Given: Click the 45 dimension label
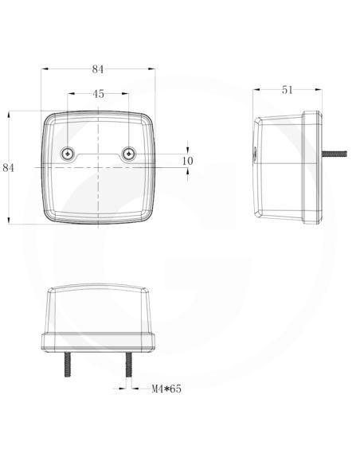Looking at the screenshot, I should pos(98,94).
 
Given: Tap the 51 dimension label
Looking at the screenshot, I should pos(287,89).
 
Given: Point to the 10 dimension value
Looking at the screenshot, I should pos(188,160).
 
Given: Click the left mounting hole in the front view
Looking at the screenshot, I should pos(68,152).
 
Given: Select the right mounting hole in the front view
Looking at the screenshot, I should pos(127,152).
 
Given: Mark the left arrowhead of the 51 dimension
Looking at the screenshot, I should pos(256,89).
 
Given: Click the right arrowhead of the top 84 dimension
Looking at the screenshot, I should pos(152,68).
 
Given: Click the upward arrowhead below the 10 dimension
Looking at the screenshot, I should pos(188,170).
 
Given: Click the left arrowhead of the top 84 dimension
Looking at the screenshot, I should pos(45,68).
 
